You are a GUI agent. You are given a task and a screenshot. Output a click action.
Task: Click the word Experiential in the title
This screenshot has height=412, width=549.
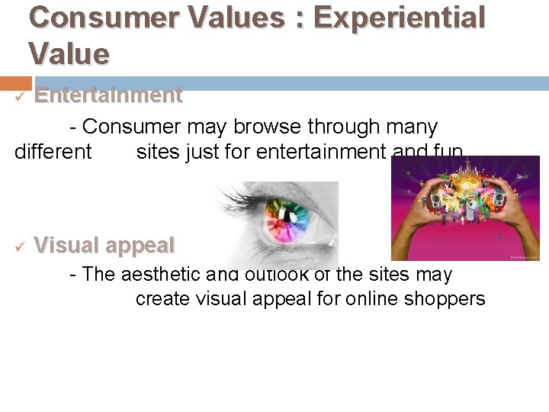399,18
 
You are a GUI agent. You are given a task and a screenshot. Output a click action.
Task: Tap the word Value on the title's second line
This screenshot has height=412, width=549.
69,54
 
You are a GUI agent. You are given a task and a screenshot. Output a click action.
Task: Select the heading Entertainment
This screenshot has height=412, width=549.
108,95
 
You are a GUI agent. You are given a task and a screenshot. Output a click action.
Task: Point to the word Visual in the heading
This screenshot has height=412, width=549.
66,246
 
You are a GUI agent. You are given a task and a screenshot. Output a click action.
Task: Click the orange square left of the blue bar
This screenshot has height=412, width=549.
16,83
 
